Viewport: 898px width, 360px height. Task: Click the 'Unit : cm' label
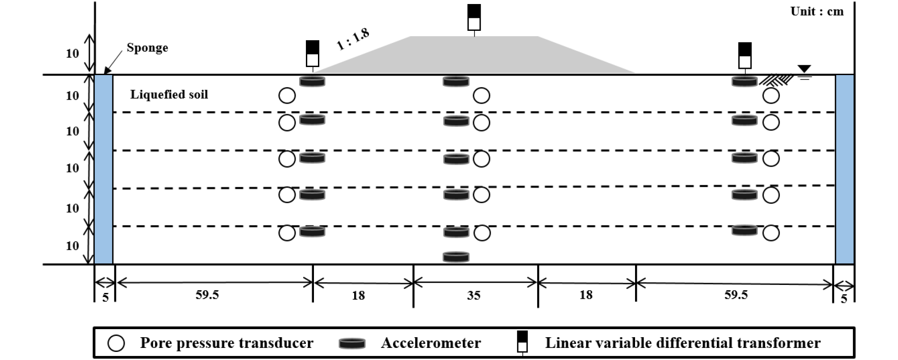pos(817,11)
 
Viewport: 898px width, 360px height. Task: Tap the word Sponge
pos(147,48)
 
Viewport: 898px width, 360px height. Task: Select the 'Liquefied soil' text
pos(169,94)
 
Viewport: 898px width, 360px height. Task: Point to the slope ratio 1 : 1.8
pos(353,39)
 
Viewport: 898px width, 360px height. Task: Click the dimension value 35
pos(474,295)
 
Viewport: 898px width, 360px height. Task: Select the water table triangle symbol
pos(804,69)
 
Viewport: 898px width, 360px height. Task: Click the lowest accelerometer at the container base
pos(456,257)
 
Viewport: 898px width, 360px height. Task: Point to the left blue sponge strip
pos(103,169)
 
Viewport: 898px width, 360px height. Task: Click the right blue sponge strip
pos(844,169)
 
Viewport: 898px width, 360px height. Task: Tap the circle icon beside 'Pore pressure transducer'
pos(116,343)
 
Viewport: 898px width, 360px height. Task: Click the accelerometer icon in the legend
pos(352,343)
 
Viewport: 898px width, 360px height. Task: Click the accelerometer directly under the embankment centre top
pos(456,81)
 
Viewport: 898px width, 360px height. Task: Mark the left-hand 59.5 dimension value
pos(207,295)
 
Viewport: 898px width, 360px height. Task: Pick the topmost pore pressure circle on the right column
pos(771,96)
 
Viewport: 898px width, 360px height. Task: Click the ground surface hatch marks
pos(776,80)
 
